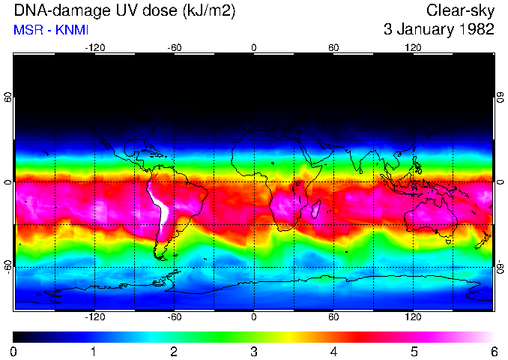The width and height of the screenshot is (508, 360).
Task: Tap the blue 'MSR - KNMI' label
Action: coord(49,30)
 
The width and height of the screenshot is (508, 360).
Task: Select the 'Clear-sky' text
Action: coord(459,10)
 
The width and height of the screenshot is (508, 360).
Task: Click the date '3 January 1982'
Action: coord(438,30)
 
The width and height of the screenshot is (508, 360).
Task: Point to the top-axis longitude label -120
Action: coord(94,47)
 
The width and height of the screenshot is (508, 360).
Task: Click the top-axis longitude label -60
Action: coord(175,47)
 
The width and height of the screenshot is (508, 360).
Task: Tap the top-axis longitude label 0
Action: coord(254,47)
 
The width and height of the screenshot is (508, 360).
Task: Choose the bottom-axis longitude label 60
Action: coord(333,317)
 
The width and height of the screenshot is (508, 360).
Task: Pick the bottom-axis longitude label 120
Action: coord(413,317)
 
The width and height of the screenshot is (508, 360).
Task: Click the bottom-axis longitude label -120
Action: coord(94,317)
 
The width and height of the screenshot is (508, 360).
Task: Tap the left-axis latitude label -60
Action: coord(8,266)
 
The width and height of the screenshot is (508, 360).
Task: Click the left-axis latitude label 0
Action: coord(8,182)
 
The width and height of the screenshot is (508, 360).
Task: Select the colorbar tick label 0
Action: coord(14,351)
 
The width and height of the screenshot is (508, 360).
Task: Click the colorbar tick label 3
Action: coord(254,351)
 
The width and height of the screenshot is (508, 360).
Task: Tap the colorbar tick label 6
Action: coord(493,351)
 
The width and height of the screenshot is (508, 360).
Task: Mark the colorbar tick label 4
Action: coord(333,351)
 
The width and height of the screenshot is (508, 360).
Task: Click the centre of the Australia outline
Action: coord(431,216)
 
